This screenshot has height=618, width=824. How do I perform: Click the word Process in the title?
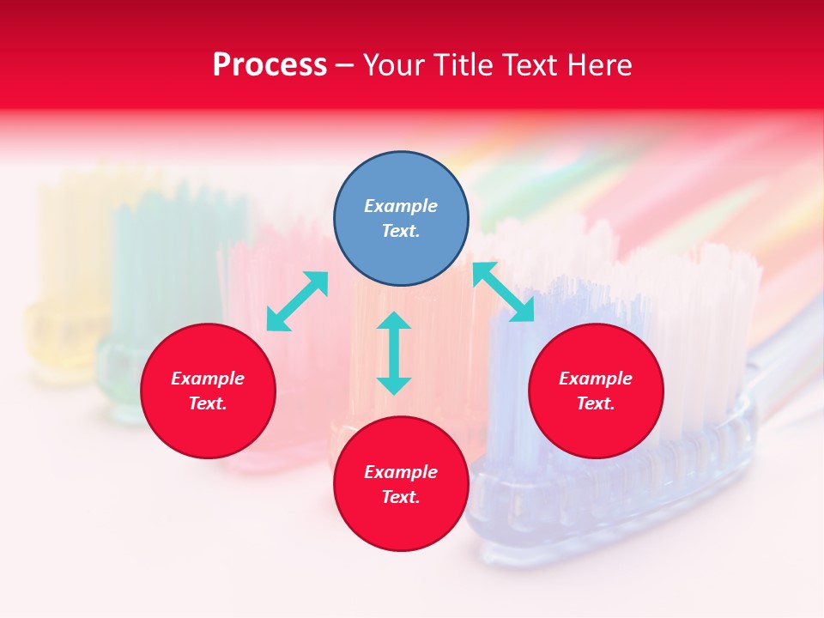[270, 65]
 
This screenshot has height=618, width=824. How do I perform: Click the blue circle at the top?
[401, 218]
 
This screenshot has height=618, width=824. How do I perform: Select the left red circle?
[208, 391]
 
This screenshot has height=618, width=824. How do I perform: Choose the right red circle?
[596, 391]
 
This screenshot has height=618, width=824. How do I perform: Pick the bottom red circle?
[401, 484]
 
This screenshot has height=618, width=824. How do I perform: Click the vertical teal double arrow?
[394, 353]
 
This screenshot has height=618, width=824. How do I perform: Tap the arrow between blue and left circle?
[297, 301]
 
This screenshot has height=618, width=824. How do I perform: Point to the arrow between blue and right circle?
[504, 292]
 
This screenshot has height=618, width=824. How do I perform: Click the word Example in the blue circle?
[401, 206]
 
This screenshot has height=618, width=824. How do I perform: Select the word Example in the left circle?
[208, 379]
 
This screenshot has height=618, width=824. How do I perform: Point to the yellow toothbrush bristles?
[69, 240]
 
